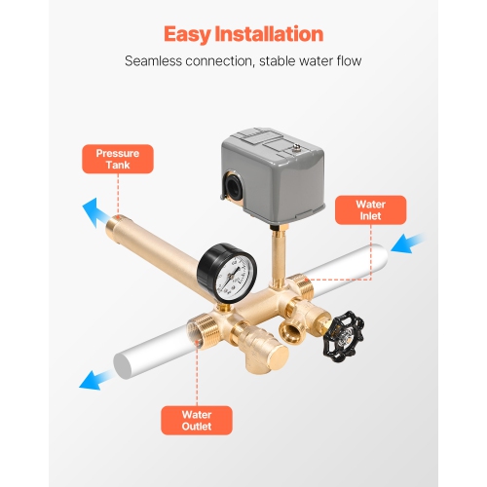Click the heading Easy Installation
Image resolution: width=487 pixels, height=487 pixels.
tap(243, 34)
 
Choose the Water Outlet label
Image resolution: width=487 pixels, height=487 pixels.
tap(196, 420)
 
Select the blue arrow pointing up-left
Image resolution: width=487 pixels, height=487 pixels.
tap(94, 207)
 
